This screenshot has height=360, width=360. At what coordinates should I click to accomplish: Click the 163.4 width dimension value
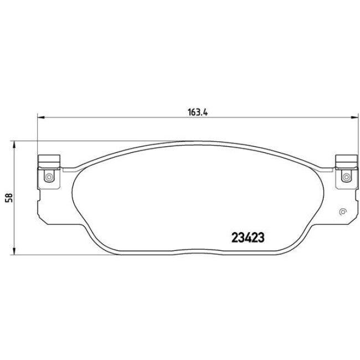click(198, 113)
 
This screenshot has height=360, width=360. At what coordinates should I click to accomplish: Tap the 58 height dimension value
click(9, 198)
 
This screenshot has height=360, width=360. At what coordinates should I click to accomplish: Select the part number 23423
click(248, 238)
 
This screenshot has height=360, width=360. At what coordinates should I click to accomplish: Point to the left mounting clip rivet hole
click(49, 177)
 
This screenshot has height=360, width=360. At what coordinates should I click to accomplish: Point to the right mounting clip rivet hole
click(346, 177)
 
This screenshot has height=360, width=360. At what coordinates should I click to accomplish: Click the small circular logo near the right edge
click(343, 212)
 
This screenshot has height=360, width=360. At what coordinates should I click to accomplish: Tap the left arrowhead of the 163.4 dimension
click(40, 117)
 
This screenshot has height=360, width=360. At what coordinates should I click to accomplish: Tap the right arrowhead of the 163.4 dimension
click(354, 117)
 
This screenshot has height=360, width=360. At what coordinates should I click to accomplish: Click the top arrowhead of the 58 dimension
click(14, 145)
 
